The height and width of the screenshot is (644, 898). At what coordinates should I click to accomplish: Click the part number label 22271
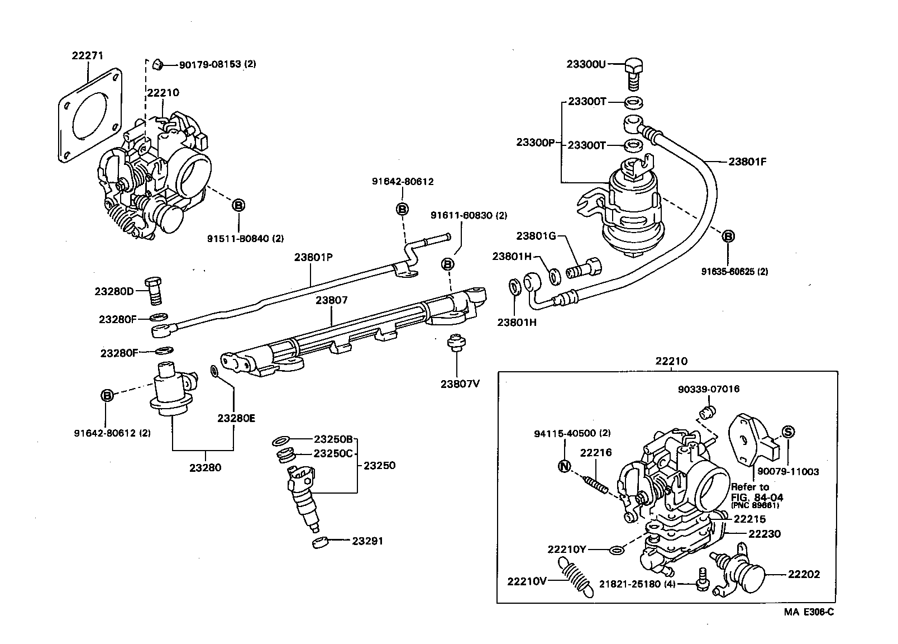[88, 55]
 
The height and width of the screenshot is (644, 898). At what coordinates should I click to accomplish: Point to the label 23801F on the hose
[747, 162]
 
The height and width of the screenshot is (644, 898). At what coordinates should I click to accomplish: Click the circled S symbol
[788, 432]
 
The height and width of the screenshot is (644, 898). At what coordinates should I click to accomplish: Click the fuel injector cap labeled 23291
[319, 543]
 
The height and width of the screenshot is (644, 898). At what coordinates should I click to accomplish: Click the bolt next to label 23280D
[153, 290]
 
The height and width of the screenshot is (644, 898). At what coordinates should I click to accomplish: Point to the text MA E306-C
[808, 612]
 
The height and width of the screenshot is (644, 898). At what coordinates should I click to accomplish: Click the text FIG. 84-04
[757, 497]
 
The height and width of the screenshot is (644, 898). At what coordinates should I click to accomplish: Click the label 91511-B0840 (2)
[245, 239]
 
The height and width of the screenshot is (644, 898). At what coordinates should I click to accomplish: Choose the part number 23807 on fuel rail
[331, 300]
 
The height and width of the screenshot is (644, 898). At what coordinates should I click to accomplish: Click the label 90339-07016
[708, 389]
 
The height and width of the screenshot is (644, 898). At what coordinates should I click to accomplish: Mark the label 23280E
[236, 418]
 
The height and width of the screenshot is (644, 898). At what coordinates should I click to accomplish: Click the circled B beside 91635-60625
[728, 236]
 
